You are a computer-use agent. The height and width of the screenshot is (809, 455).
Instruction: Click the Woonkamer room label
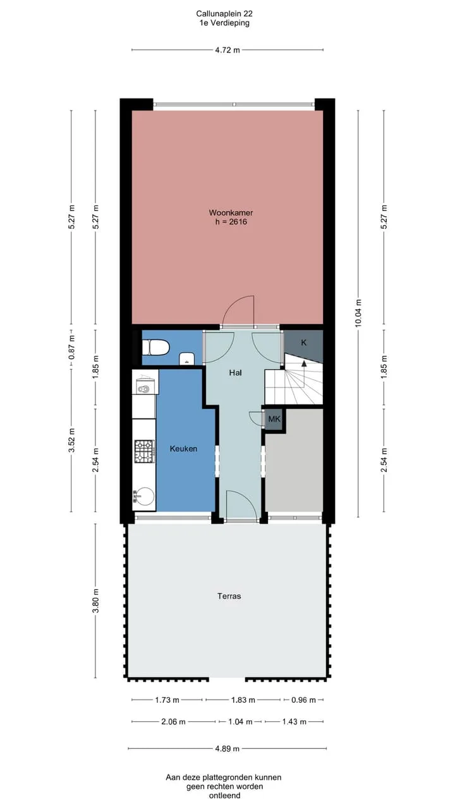[231, 213]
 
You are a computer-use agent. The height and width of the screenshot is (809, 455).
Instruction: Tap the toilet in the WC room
[155, 348]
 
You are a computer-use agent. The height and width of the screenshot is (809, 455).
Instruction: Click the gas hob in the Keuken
[144, 451]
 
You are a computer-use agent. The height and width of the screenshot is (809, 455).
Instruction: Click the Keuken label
[183, 449]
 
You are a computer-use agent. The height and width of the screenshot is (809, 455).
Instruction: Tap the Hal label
[235, 372]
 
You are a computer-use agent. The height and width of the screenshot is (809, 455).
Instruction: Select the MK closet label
[274, 419]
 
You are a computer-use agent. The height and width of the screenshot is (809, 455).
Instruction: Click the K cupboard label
[304, 343]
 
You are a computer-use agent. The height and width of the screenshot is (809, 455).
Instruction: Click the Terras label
[229, 596]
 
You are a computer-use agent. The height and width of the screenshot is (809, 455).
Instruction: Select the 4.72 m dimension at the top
[227, 50]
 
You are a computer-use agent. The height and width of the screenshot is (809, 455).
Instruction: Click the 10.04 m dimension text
[358, 313]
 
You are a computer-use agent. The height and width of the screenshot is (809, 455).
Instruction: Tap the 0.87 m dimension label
[71, 348]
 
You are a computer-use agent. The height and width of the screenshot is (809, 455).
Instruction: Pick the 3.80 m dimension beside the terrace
[95, 601]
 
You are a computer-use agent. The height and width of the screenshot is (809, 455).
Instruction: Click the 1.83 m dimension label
[243, 700]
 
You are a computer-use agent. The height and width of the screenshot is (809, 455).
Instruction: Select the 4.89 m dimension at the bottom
[227, 749]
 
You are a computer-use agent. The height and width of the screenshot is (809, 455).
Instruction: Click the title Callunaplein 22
[224, 14]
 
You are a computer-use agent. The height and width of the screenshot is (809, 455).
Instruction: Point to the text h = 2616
[231, 222]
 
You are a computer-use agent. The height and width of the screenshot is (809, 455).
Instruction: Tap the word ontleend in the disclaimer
[224, 796]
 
